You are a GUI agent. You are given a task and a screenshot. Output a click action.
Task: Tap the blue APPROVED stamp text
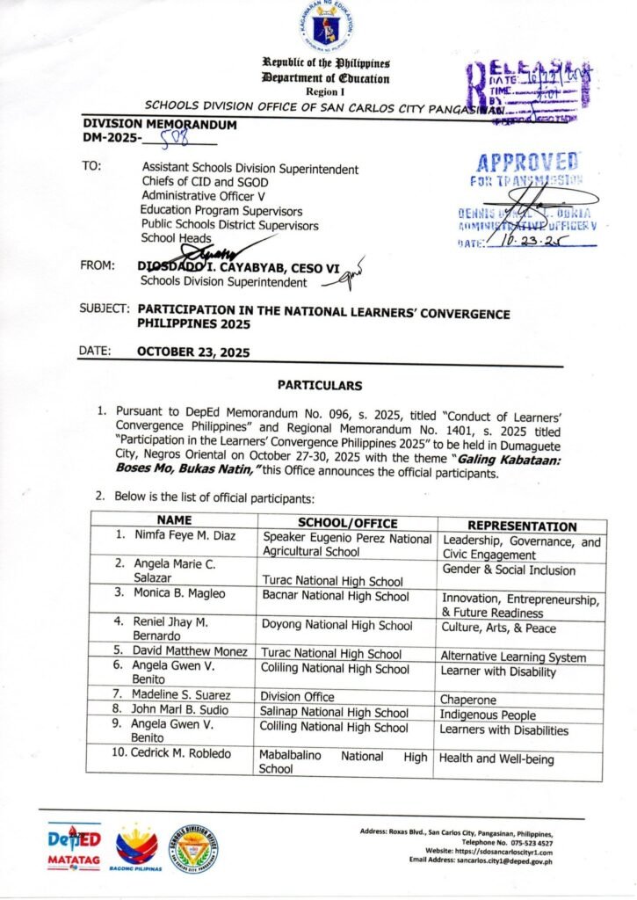(527, 163)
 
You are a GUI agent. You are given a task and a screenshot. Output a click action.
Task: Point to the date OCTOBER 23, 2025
(193, 352)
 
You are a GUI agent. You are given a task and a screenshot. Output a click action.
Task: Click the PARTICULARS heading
(319, 385)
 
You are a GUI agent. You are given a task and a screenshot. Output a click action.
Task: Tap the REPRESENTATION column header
(522, 526)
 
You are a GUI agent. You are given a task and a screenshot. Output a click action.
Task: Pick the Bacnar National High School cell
(335, 597)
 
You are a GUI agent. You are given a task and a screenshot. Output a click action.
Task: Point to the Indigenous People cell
(489, 715)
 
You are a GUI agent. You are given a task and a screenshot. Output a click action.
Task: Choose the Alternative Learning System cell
(513, 657)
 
